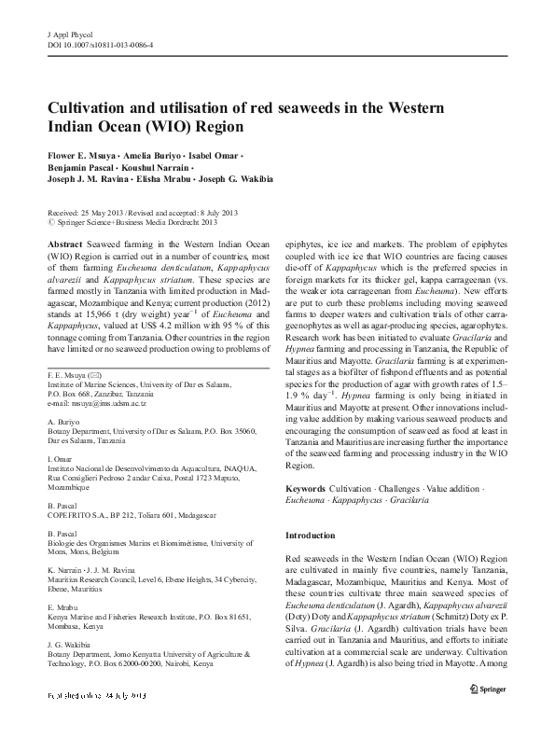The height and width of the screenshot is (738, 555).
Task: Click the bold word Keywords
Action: [305, 488]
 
